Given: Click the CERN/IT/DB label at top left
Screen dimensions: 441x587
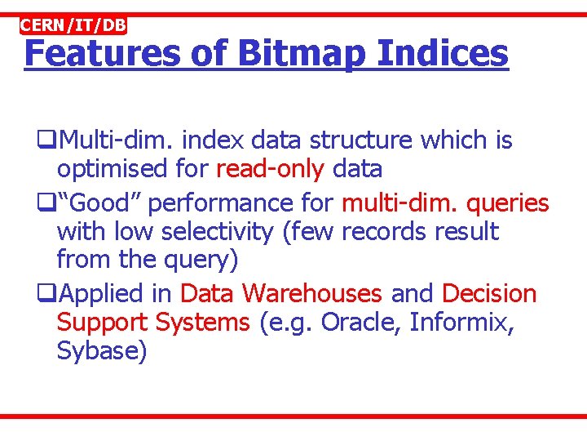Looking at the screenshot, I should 73,25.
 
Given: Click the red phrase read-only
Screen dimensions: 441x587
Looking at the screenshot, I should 270,170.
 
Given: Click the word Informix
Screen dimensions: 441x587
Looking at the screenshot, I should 461,323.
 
